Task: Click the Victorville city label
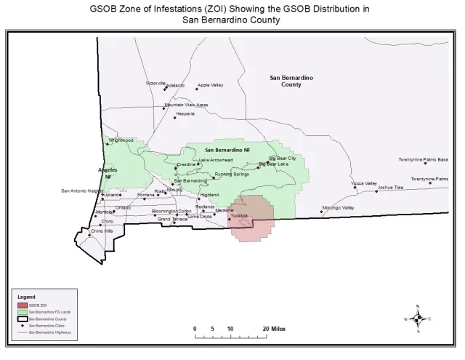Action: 155,84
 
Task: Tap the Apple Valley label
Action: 210,85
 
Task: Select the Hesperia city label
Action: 185,113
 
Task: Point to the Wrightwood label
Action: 121,140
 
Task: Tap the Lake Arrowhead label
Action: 216,159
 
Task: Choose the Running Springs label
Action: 232,175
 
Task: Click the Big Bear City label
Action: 283,158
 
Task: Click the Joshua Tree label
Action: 390,187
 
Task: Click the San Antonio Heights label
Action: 81,191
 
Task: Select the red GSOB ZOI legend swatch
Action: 22,305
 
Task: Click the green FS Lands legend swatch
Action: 22,312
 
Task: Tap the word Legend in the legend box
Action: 26,297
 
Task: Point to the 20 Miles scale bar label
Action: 274,329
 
